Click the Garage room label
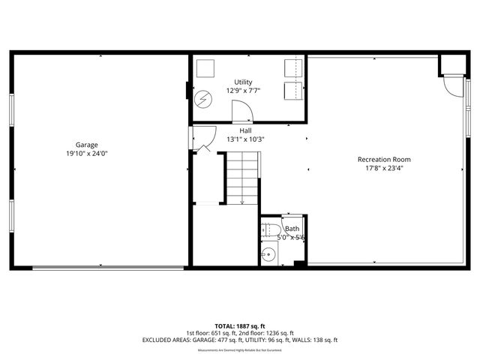click(87, 145)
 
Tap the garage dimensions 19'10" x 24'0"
click(87, 154)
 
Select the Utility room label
click(243, 82)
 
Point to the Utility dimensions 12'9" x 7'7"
click(243, 91)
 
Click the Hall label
click(245, 130)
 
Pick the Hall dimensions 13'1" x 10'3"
click(245, 139)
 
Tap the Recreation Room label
click(384, 159)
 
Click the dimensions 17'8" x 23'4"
click(384, 168)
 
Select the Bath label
click(292, 229)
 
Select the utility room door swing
click(242, 113)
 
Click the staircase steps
click(241, 176)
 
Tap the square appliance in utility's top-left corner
click(205, 68)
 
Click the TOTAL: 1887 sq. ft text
click(240, 326)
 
